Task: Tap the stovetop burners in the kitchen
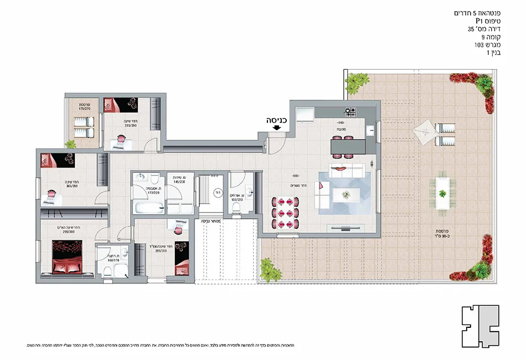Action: coord(350,111)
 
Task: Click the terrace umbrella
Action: coord(424,131)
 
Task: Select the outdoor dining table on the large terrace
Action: coord(442,193)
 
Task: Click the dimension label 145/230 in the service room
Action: coord(178,181)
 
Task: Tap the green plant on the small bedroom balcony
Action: coord(70,144)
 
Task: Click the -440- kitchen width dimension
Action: coord(339,122)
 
